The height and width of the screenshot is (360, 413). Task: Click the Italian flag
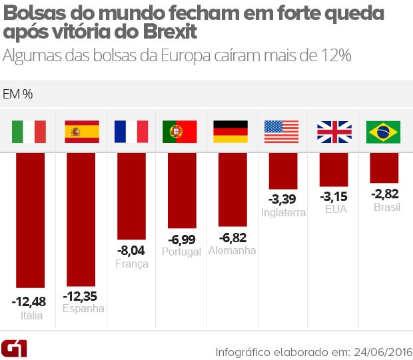[x=29, y=132]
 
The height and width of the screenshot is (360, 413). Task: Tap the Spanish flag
[x=81, y=132]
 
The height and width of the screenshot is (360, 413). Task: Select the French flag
[x=131, y=132]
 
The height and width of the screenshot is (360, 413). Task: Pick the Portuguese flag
[x=180, y=132]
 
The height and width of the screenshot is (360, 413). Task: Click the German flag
[x=230, y=132]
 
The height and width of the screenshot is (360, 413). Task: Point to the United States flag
[x=282, y=132]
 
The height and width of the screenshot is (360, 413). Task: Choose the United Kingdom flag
[x=333, y=132]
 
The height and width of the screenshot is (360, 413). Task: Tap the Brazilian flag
[x=384, y=132]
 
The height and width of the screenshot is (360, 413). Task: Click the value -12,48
[x=29, y=301]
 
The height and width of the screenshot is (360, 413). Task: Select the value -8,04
[x=132, y=251]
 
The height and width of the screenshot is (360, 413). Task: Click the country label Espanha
[x=83, y=309]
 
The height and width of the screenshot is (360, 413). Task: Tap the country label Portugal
[x=181, y=252]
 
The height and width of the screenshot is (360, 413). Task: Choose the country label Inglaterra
[x=284, y=213]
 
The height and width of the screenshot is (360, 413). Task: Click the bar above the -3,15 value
[x=334, y=169]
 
